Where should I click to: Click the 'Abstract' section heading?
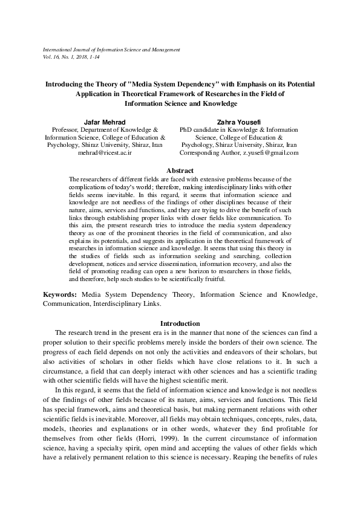pos(180,171)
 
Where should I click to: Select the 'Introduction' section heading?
pos(180,323)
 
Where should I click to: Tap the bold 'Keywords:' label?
pos(60,294)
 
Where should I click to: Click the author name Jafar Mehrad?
pos(104,122)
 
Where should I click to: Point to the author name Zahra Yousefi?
pos(240,122)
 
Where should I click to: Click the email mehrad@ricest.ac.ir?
pos(104,153)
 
